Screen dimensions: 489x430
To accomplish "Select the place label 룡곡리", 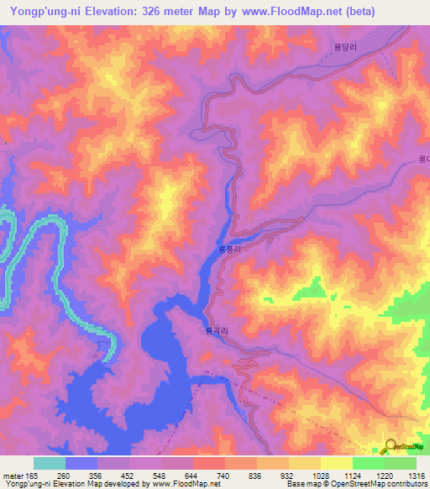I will [x=216, y=332].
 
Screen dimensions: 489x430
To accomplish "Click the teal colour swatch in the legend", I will [x=49, y=463].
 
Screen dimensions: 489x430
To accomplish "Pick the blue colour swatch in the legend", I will [x=81, y=463].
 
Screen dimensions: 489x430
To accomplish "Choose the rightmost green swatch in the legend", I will [x=400, y=463].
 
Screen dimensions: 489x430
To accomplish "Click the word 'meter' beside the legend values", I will [x=12, y=476].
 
